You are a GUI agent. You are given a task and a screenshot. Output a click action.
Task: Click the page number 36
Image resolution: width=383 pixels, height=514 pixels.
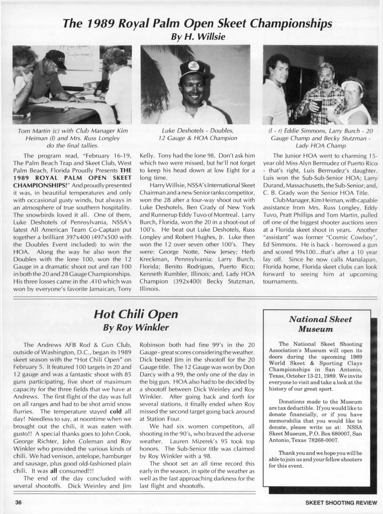(18, 502)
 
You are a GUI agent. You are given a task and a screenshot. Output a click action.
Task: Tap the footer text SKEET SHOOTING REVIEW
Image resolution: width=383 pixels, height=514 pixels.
(341, 503)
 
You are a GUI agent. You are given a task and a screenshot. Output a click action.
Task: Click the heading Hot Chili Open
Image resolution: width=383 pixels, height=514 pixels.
(136, 314)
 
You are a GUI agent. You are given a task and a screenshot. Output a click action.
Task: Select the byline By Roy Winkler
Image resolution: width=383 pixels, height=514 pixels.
(136, 328)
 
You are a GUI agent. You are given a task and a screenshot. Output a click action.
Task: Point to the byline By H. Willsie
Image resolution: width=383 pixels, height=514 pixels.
(198, 36)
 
